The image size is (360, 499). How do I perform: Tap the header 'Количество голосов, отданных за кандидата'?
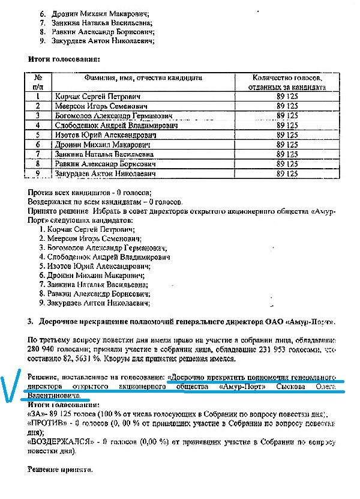[x=287, y=82]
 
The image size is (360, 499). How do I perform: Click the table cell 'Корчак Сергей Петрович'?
[x=97, y=96]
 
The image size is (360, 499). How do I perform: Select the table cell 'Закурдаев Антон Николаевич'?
[x=105, y=174]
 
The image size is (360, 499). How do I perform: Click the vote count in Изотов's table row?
[x=287, y=135]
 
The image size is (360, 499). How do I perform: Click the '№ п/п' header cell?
[x=38, y=82]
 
